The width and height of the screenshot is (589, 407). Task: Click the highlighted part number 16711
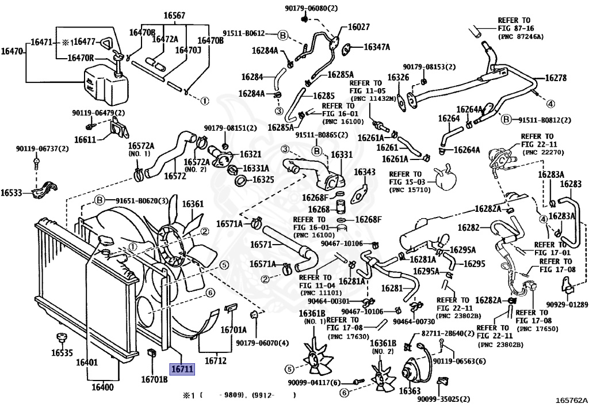point(182,369)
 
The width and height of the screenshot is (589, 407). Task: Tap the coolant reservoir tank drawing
point(105,86)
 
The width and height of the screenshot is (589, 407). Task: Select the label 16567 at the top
point(174,16)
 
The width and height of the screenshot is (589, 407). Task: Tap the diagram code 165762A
point(571,400)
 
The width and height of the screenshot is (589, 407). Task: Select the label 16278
point(556,78)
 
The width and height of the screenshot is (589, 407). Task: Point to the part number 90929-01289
point(567,305)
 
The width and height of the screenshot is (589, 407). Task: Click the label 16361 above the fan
point(193,204)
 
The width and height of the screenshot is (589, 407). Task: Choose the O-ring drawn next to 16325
point(241,181)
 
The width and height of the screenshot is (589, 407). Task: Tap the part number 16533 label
point(12,193)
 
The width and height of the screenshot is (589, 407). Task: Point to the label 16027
point(359,26)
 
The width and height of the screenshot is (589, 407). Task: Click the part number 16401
point(87,362)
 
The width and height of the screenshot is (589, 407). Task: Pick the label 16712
point(216,360)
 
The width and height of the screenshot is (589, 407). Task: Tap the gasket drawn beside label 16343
point(360,195)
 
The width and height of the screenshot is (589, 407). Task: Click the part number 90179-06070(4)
point(262,343)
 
